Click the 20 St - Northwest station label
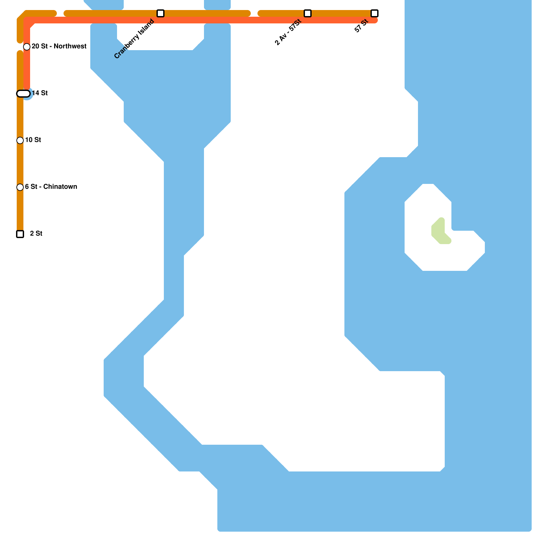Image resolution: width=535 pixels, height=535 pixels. pyautogui.click(x=59, y=46)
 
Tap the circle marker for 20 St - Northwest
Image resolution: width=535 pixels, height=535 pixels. pyautogui.click(x=27, y=47)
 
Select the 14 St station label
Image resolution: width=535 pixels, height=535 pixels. pyautogui.click(x=40, y=93)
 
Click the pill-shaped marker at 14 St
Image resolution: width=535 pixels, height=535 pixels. pyautogui.click(x=23, y=94)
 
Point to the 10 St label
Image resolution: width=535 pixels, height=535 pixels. pyautogui.click(x=33, y=140)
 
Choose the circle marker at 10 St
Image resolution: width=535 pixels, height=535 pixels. pyautogui.click(x=20, y=140)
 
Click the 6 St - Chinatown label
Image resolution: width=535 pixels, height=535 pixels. pyautogui.click(x=51, y=187)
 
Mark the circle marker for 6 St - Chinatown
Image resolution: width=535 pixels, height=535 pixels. pyautogui.click(x=20, y=187)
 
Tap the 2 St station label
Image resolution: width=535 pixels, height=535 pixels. pyautogui.click(x=36, y=233)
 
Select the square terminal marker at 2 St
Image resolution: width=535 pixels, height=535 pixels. pyautogui.click(x=20, y=234)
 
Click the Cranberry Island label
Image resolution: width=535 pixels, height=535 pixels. pyautogui.click(x=134, y=39)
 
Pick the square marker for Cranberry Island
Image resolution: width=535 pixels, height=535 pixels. pyautogui.click(x=160, y=13)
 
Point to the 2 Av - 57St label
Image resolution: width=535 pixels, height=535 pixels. pyautogui.click(x=288, y=32)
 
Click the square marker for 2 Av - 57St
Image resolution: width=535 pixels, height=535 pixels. pyautogui.click(x=308, y=13)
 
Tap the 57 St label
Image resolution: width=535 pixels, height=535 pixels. pyautogui.click(x=361, y=26)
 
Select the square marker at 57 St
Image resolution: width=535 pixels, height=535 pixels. pyautogui.click(x=374, y=13)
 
